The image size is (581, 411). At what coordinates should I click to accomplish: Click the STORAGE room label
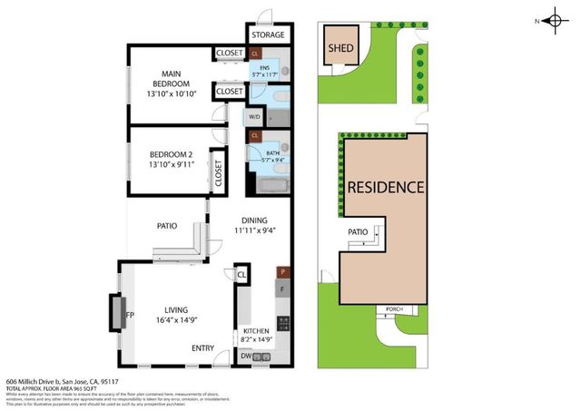(x=267, y=35)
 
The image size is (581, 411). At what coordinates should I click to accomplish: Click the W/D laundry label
(x=253, y=116)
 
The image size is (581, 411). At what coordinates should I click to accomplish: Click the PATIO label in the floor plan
(x=166, y=226)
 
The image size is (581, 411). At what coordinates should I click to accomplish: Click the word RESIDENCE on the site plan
(x=385, y=188)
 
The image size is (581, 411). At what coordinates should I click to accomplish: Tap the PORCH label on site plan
(x=394, y=308)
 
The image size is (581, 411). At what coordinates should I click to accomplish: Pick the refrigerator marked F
(x=282, y=289)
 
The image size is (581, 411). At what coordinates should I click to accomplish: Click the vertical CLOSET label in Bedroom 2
(x=218, y=170)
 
